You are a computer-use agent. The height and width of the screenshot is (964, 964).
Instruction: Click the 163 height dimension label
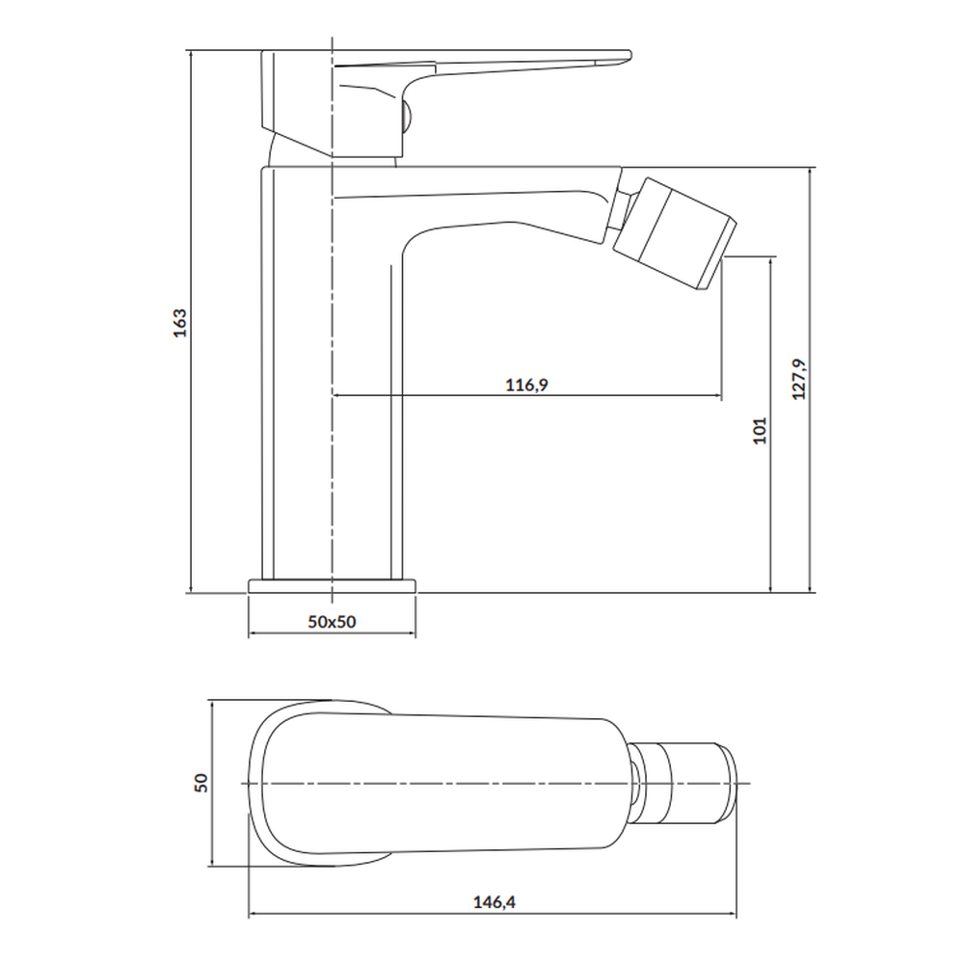tap(179, 323)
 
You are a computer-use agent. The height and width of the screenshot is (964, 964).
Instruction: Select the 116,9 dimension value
tap(527, 385)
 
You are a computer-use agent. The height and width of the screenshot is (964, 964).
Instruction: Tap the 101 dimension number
tap(760, 430)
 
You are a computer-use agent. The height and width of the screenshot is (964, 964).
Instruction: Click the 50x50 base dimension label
tap(332, 622)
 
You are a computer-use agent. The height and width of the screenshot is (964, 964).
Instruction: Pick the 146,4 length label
tap(495, 902)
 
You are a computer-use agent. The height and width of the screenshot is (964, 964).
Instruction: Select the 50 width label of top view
tap(201, 783)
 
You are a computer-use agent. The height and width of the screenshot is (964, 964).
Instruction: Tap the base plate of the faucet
tap(332, 586)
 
